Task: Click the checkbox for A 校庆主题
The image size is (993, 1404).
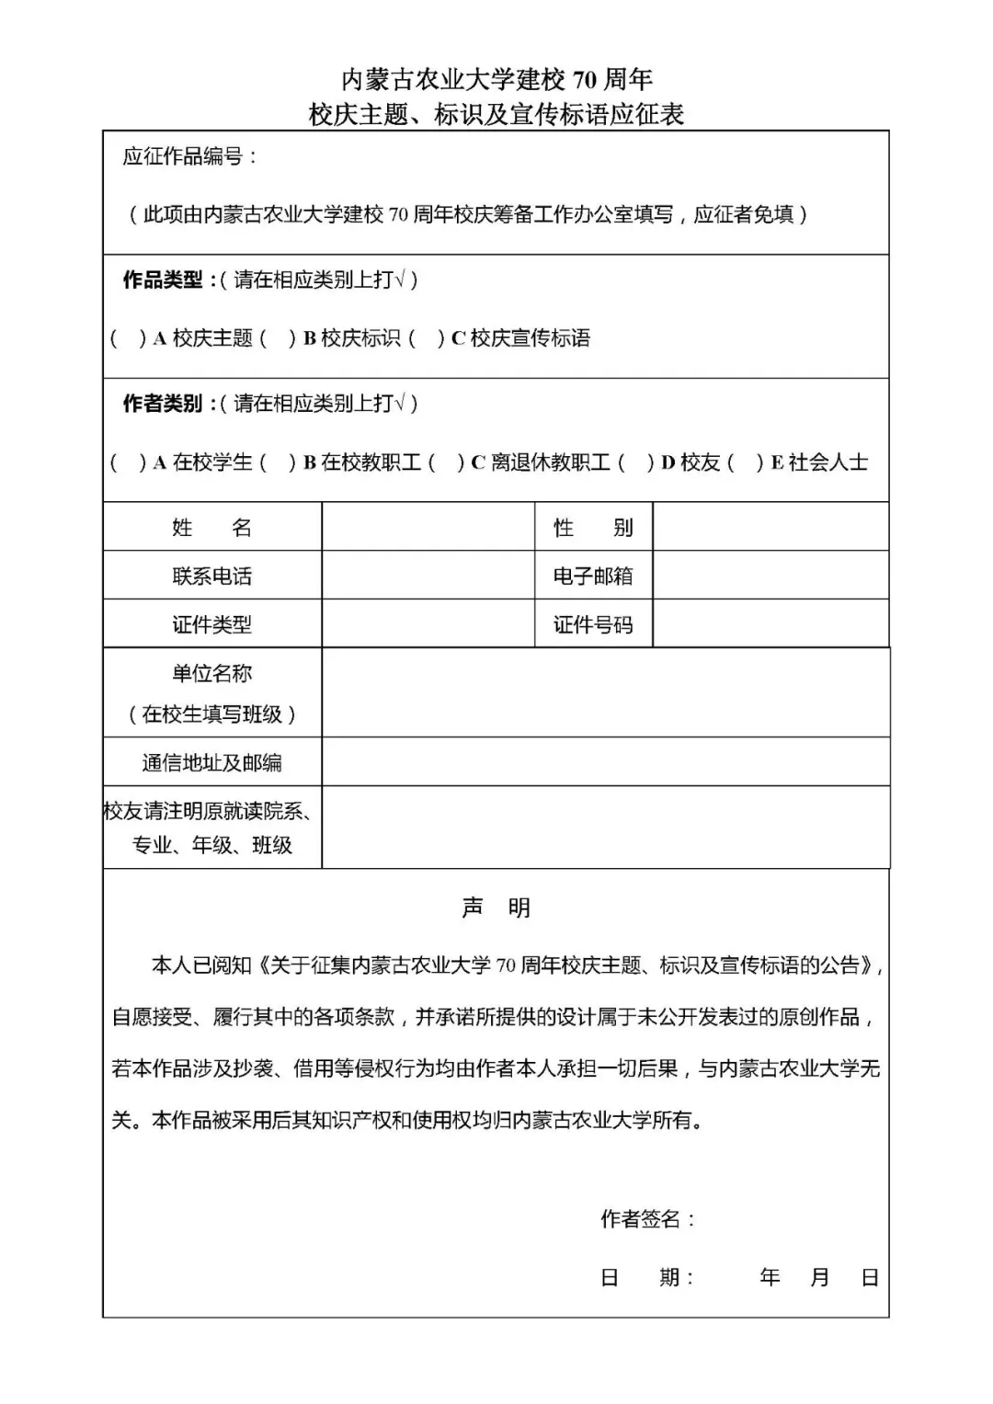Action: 128,338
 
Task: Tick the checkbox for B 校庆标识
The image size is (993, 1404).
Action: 277,338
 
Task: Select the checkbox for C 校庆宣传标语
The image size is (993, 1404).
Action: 426,338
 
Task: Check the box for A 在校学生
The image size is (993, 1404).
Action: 128,462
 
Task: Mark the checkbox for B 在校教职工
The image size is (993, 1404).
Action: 277,462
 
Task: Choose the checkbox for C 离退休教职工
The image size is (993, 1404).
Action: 445,462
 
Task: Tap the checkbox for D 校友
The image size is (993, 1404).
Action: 635,462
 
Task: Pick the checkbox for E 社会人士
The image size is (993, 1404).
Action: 745,462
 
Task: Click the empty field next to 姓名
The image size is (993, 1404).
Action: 428,527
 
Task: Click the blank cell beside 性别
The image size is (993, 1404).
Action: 770,527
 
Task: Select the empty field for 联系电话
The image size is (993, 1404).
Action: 428,576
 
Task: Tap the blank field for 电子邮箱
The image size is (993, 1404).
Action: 770,576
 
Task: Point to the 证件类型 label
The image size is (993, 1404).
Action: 211,625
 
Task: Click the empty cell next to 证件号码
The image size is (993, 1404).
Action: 770,624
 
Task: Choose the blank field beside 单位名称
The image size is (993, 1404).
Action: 605,692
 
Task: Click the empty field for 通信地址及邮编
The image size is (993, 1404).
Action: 605,761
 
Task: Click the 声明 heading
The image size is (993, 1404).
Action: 496,908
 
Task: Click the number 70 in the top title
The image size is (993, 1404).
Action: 585,80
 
